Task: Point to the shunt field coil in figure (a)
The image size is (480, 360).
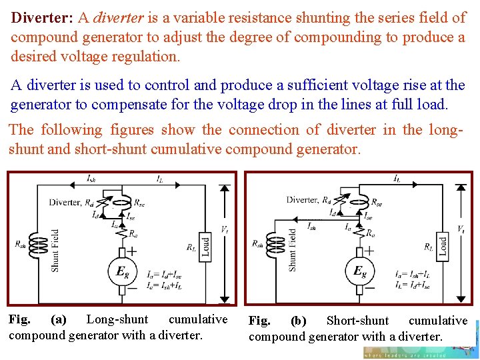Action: point(41,246)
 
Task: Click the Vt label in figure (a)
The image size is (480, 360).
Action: point(225,230)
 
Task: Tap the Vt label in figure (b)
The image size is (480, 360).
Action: point(461,229)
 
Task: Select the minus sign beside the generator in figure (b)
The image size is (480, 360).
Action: point(371,288)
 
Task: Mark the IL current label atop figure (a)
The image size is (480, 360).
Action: point(160,179)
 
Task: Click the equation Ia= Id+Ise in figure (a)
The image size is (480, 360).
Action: point(163,273)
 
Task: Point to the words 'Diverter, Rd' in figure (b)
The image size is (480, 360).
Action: point(309,199)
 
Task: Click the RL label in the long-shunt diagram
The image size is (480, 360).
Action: point(191,247)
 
